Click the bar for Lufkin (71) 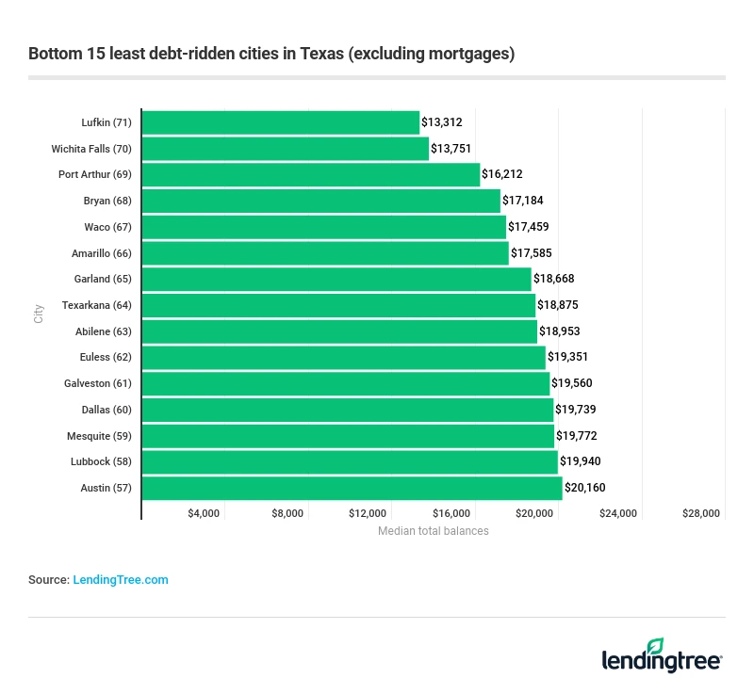[x=280, y=122]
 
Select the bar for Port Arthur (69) [x=311, y=175]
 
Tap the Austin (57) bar [x=352, y=488]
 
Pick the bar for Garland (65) [x=336, y=279]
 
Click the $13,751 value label [x=451, y=149]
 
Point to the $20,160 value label [x=585, y=488]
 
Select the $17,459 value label [x=530, y=227]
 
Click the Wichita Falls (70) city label [x=91, y=149]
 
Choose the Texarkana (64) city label [x=97, y=305]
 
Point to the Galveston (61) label [x=98, y=383]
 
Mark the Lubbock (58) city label [x=102, y=461]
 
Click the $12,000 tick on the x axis [x=368, y=513]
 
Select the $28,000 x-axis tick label [x=701, y=513]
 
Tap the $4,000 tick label [x=204, y=513]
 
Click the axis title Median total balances [x=434, y=531]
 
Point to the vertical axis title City [x=39, y=314]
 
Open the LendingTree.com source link [x=121, y=580]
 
